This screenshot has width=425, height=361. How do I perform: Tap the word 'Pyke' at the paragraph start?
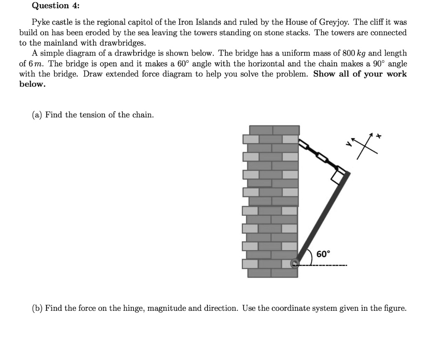click(40, 22)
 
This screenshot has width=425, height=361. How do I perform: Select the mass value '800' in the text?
click(347, 53)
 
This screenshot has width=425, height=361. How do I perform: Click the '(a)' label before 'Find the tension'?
click(37, 115)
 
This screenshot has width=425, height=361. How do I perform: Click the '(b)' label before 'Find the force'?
click(37, 308)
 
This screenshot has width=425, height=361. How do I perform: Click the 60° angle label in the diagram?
click(323, 254)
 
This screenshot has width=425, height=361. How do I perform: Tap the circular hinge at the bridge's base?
click(295, 263)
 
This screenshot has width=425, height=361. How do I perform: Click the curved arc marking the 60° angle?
click(311, 256)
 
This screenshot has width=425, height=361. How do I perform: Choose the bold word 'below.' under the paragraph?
click(32, 84)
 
